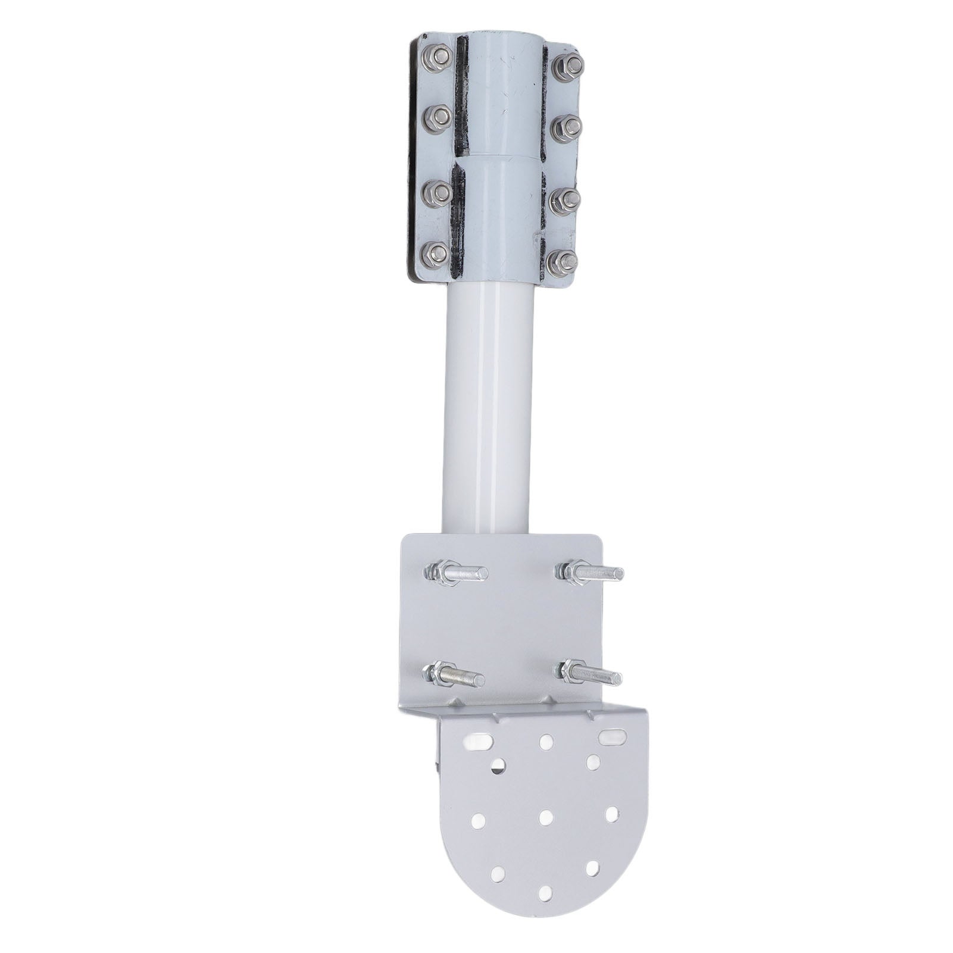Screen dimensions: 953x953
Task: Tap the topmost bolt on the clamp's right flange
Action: [567, 65]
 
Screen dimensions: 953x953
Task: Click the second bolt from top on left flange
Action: [436, 118]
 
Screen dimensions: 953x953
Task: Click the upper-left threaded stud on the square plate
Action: [455, 573]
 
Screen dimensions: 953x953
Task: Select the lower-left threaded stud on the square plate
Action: [452, 676]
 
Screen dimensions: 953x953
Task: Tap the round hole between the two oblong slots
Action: [545, 742]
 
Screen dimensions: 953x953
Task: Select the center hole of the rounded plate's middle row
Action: [546, 817]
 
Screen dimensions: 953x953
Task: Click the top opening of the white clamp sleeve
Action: [500, 36]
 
